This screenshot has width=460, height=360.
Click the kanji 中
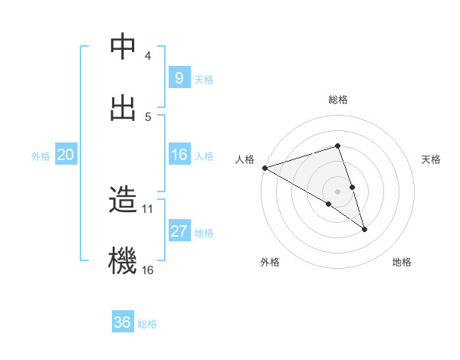[123, 47]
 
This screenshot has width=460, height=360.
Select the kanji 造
[123, 200]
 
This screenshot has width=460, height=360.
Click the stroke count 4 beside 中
[147, 56]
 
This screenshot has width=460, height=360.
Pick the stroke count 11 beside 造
[148, 208]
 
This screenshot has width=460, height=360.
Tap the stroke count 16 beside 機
[148, 270]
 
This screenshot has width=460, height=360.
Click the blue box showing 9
[179, 77]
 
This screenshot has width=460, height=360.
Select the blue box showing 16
[179, 155]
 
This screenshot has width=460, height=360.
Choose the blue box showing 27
[179, 231]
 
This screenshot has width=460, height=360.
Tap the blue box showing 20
[65, 155]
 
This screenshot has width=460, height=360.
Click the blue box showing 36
[123, 322]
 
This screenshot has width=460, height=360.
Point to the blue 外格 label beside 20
[41, 155]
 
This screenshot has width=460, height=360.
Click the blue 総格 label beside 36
[147, 324]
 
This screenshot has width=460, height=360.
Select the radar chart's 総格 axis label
[338, 100]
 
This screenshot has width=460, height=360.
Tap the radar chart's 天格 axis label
[432, 159]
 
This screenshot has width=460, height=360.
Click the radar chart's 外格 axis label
[270, 262]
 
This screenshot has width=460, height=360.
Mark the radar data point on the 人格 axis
[264, 167]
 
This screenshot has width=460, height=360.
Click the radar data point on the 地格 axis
[365, 229]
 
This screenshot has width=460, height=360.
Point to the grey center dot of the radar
[338, 191]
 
